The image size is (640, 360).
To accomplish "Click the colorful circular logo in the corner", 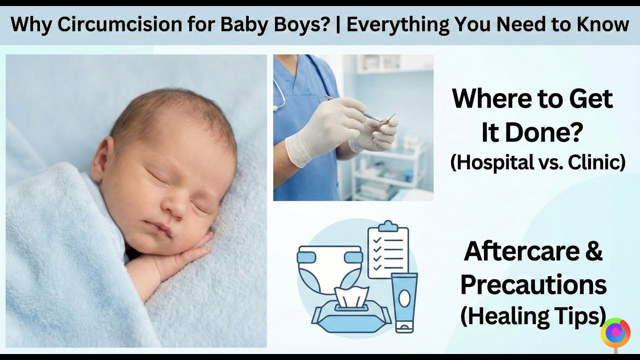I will tap(616, 332).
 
